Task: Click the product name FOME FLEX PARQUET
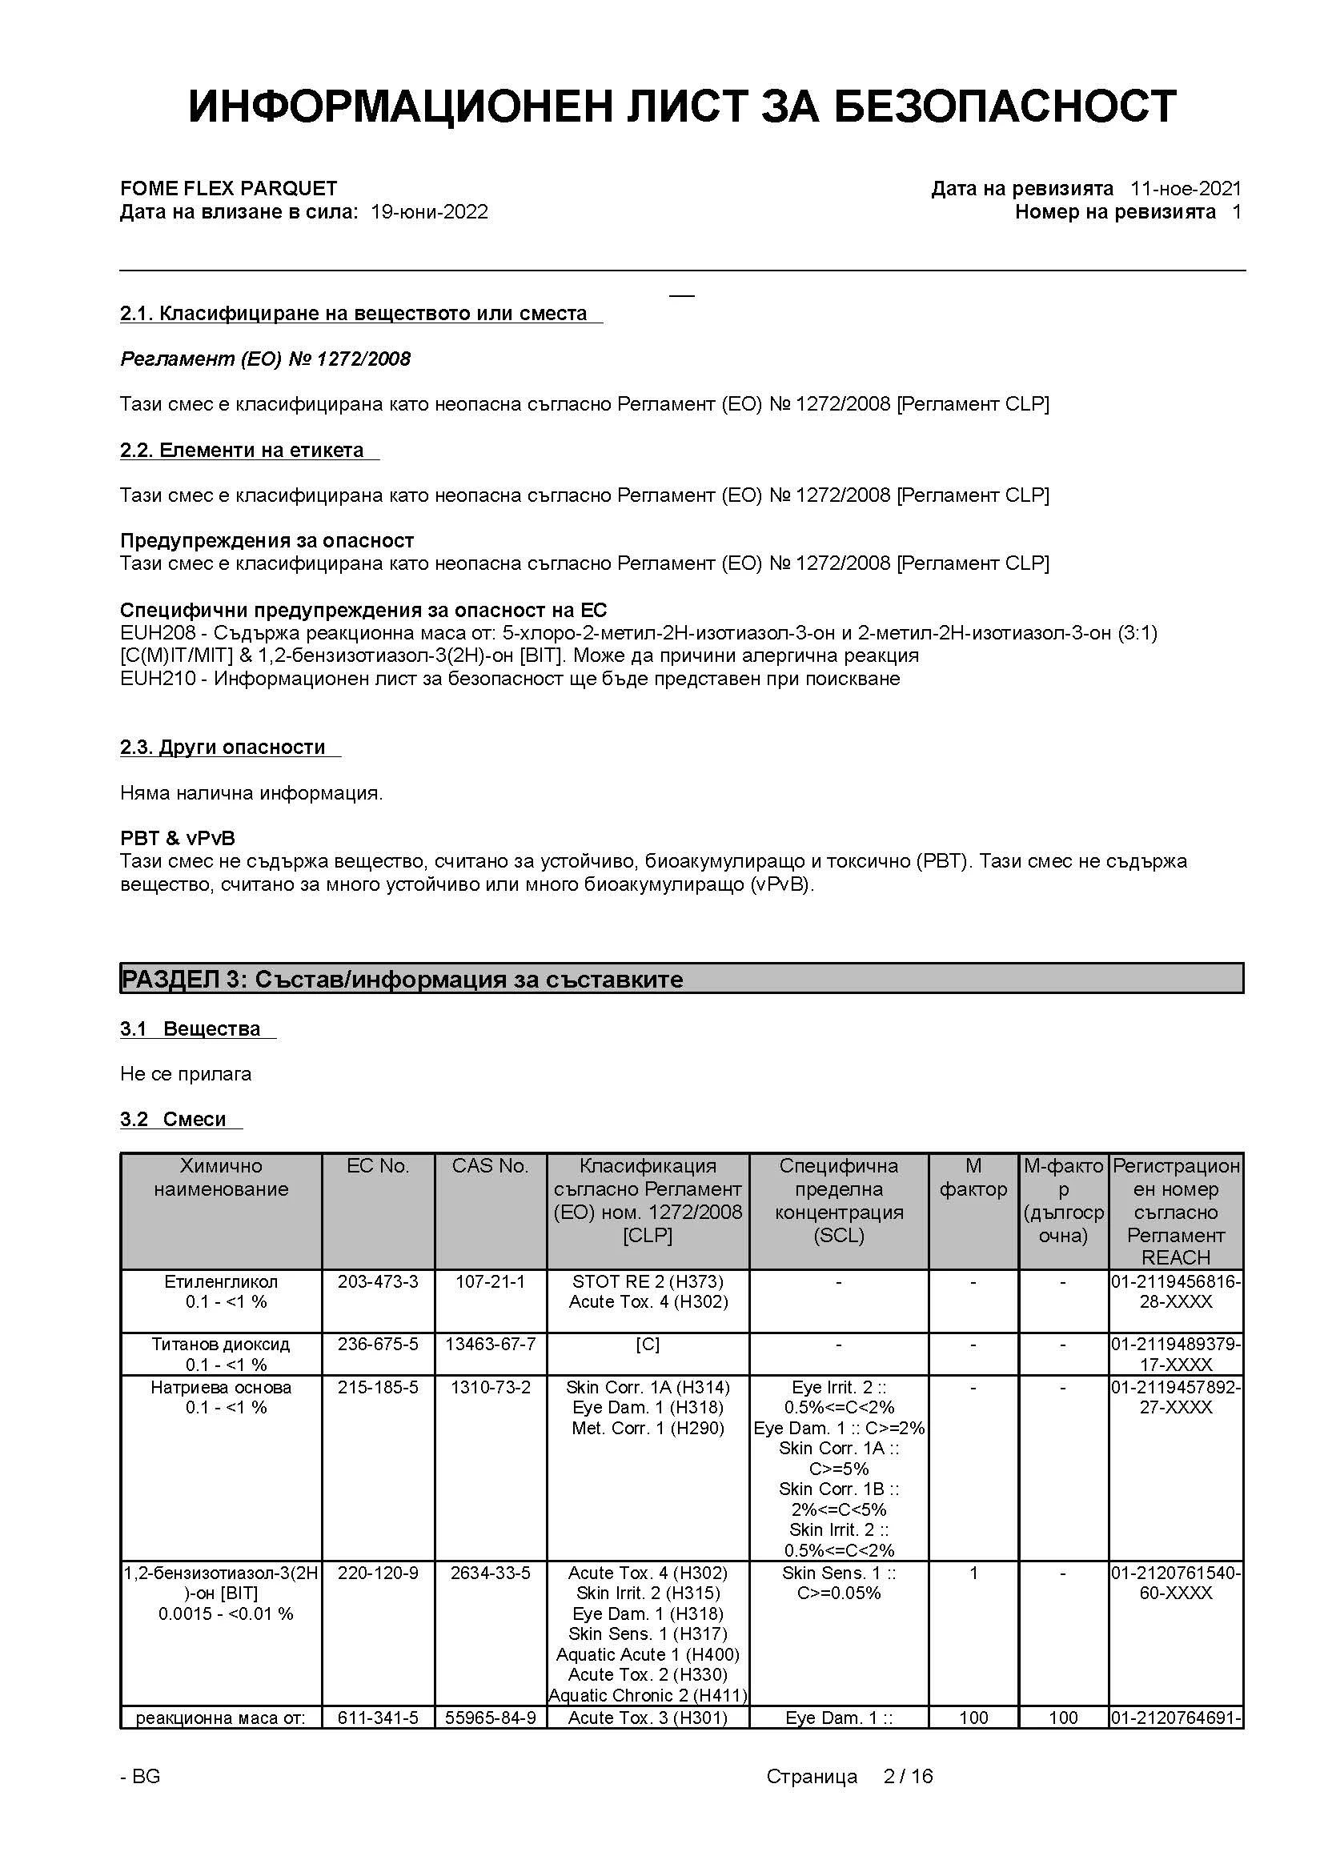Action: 228,188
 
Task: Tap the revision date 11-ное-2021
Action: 1186,188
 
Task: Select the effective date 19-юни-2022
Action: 430,212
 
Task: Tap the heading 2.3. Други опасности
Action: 223,747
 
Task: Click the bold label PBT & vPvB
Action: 178,838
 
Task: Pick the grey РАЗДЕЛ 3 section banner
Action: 681,978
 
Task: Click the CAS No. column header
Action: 490,1166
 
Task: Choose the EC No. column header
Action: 378,1166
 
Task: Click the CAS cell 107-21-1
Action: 490,1281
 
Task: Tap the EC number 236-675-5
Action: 378,1344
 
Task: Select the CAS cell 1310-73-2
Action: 490,1387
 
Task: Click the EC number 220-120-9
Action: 378,1573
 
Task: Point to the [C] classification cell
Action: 648,1344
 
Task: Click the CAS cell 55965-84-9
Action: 490,1718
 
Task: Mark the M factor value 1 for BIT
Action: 973,1573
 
